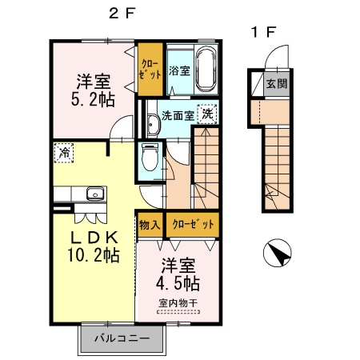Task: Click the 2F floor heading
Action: [x=123, y=13]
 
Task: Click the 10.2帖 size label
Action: [x=88, y=256]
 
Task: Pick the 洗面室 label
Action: [x=178, y=115]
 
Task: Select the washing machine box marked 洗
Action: [x=208, y=114]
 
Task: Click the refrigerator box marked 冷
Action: [x=62, y=151]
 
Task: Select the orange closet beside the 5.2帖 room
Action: [x=148, y=68]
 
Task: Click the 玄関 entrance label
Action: [x=275, y=83]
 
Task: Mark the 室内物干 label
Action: [x=178, y=303]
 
